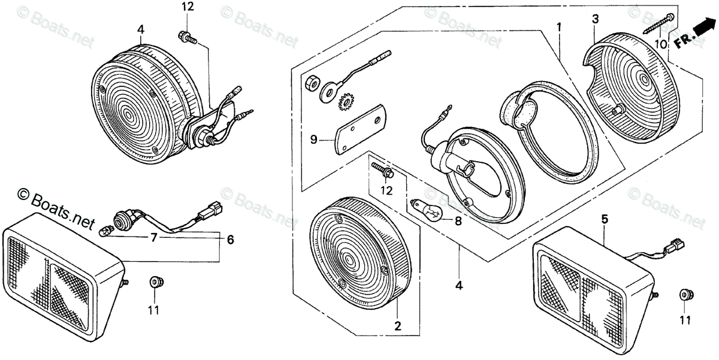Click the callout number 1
click(x=558, y=28)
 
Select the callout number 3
click(x=595, y=19)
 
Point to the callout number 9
click(x=313, y=140)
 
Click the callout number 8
click(x=458, y=220)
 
